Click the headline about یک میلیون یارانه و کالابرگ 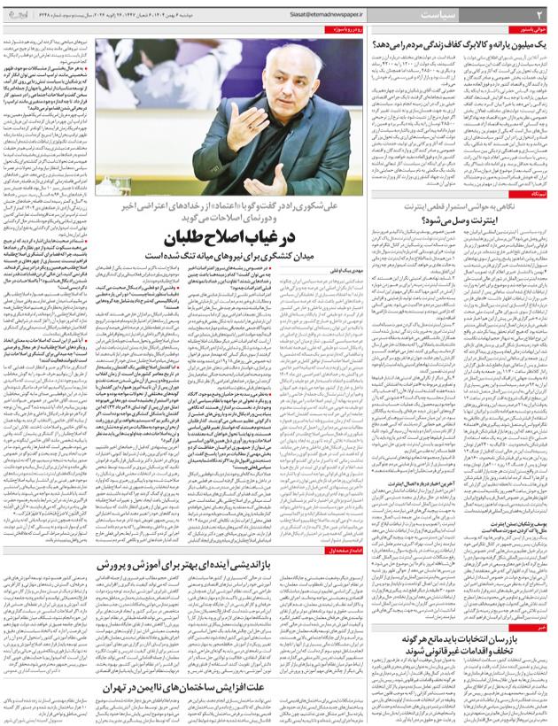(461, 42)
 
